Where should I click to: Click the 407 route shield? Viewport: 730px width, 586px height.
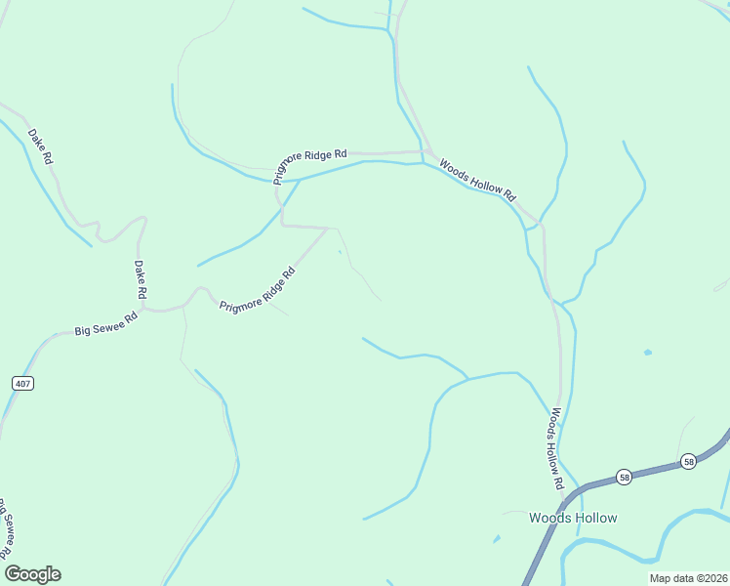coord(23,383)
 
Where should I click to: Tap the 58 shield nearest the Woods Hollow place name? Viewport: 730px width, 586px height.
coord(625,477)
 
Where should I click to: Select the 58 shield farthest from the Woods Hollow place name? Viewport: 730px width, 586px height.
coord(688,462)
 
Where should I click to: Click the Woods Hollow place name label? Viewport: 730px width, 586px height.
coord(573,518)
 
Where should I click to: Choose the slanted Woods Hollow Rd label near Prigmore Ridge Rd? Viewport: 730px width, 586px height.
coord(476,180)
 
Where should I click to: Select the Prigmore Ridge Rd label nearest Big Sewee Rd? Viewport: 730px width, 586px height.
coord(257,291)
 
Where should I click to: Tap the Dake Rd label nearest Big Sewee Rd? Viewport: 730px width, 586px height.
coord(141,279)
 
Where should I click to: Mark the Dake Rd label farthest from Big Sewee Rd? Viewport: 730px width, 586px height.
coord(40,146)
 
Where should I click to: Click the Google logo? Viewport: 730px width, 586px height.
coord(32,574)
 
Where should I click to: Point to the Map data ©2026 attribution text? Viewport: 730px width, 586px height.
coord(688,578)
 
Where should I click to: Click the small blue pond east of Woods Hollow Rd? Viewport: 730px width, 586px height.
coord(647,352)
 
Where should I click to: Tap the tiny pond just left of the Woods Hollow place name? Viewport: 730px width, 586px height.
coord(497,538)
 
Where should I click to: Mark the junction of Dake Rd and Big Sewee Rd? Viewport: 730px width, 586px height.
coord(143,310)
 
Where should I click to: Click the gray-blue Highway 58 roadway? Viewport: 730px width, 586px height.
coord(586,484)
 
